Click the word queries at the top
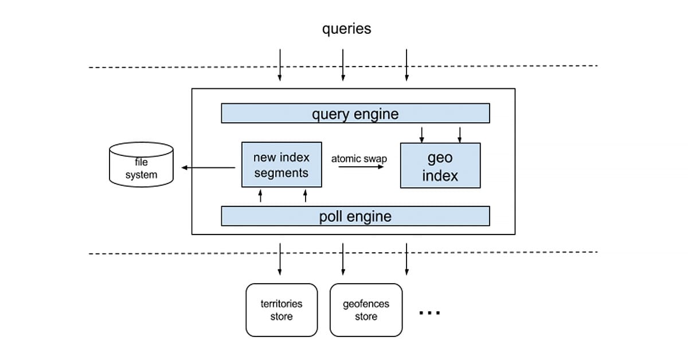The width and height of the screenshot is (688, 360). [346, 29]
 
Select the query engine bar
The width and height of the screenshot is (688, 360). [355, 114]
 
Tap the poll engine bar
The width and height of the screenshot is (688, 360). [355, 216]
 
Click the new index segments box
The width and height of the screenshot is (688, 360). [281, 165]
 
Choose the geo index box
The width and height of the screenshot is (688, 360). [440, 166]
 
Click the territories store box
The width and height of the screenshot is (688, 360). [281, 310]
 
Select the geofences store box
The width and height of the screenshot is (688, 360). [366, 310]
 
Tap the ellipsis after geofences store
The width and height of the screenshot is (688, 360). [429, 313]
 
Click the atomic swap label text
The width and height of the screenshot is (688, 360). [359, 159]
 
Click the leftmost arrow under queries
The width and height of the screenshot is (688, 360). [280, 65]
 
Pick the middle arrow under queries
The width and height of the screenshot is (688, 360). [343, 65]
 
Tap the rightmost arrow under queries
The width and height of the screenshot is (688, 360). [406, 65]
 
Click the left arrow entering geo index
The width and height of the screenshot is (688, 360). [422, 134]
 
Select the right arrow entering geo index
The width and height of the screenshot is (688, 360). [459, 134]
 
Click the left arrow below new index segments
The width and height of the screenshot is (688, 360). [260, 196]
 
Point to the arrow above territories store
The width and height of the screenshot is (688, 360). [280, 259]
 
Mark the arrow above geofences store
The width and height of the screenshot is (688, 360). [343, 259]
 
